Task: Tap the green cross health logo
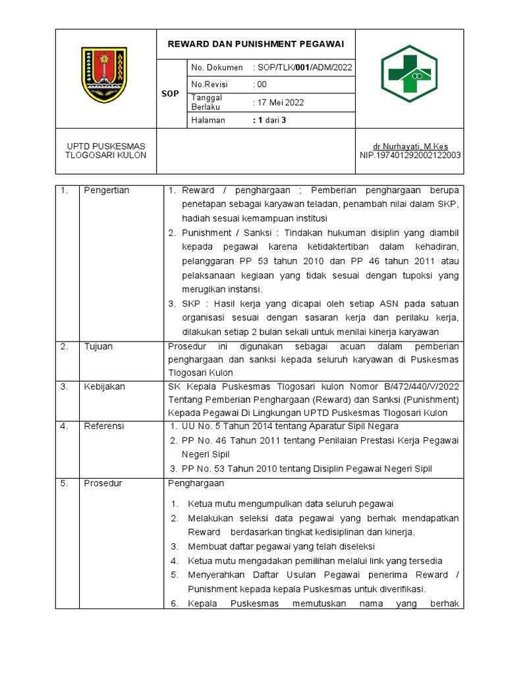tap(408, 73)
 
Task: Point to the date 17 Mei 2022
tap(279, 102)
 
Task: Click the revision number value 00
tap(262, 84)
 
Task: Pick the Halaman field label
tap(208, 120)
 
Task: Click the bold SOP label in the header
tap(170, 94)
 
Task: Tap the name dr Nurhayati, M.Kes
tap(410, 146)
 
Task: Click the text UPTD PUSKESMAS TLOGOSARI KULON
tap(105, 150)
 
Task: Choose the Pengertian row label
tap(106, 191)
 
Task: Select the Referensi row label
tap(103, 426)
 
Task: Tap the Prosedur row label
tap(102, 483)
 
